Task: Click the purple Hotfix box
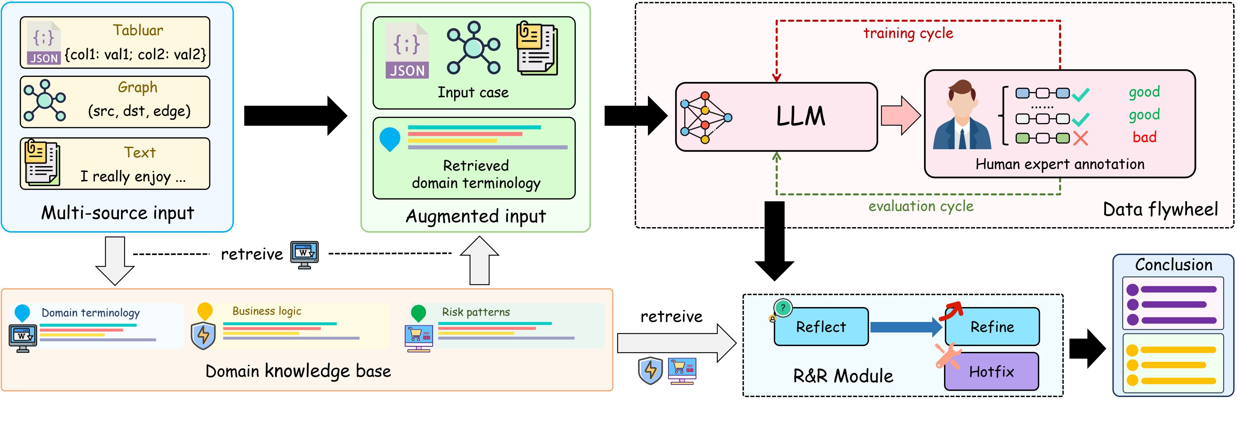(991, 371)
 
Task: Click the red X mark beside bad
(1080, 139)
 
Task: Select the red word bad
(1144, 138)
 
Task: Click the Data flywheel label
(1160, 210)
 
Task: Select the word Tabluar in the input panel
(138, 30)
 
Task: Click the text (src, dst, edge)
(139, 111)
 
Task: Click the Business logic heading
(267, 311)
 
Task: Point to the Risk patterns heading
(476, 312)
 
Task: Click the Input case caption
(473, 92)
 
